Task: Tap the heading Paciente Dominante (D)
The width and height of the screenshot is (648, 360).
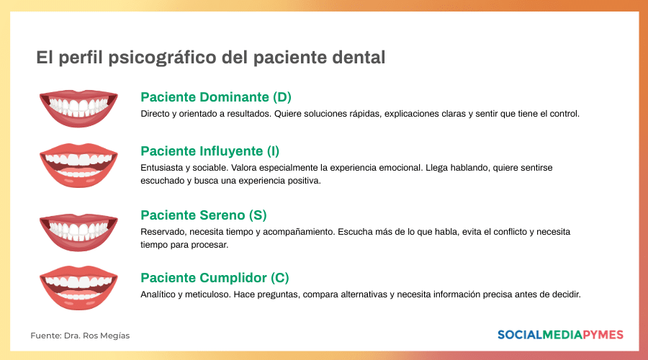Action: pyautogui.click(x=216, y=97)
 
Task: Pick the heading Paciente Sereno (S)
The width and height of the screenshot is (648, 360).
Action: pyautogui.click(x=204, y=215)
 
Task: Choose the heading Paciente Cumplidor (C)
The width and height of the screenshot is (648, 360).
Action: pyautogui.click(x=215, y=278)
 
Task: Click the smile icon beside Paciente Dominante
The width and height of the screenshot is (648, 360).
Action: pyautogui.click(x=78, y=108)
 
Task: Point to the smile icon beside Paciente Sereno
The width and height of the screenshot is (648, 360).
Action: pyautogui.click(x=78, y=230)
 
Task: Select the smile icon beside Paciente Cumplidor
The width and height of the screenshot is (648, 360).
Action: pyautogui.click(x=78, y=287)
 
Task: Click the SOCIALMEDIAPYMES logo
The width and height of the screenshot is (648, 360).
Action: pyautogui.click(x=560, y=335)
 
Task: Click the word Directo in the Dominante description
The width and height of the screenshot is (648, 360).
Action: pyautogui.click(x=155, y=114)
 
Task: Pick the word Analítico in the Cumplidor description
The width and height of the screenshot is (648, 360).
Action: pyautogui.click(x=158, y=294)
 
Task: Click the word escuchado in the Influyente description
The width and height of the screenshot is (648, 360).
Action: pyautogui.click(x=163, y=181)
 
